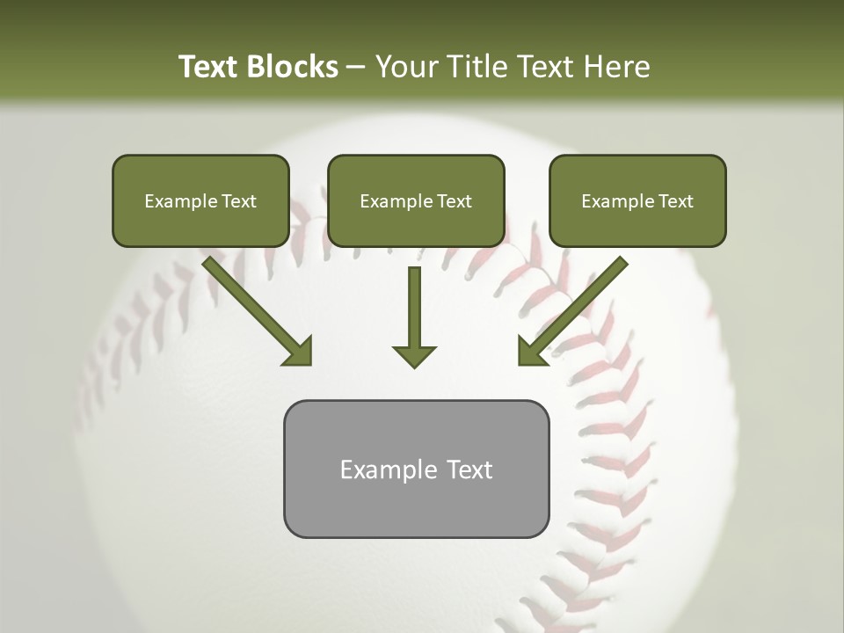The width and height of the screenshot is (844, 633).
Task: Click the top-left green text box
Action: (x=200, y=200)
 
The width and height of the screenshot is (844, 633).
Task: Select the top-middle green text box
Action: (x=416, y=200)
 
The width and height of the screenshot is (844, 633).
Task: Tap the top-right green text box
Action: (x=637, y=200)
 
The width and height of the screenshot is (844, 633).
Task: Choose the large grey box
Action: (x=416, y=469)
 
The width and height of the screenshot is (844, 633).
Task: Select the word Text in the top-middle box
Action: (x=454, y=201)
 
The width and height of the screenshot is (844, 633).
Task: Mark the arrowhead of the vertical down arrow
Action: (x=414, y=355)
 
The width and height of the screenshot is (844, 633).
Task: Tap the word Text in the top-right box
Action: (x=675, y=201)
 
